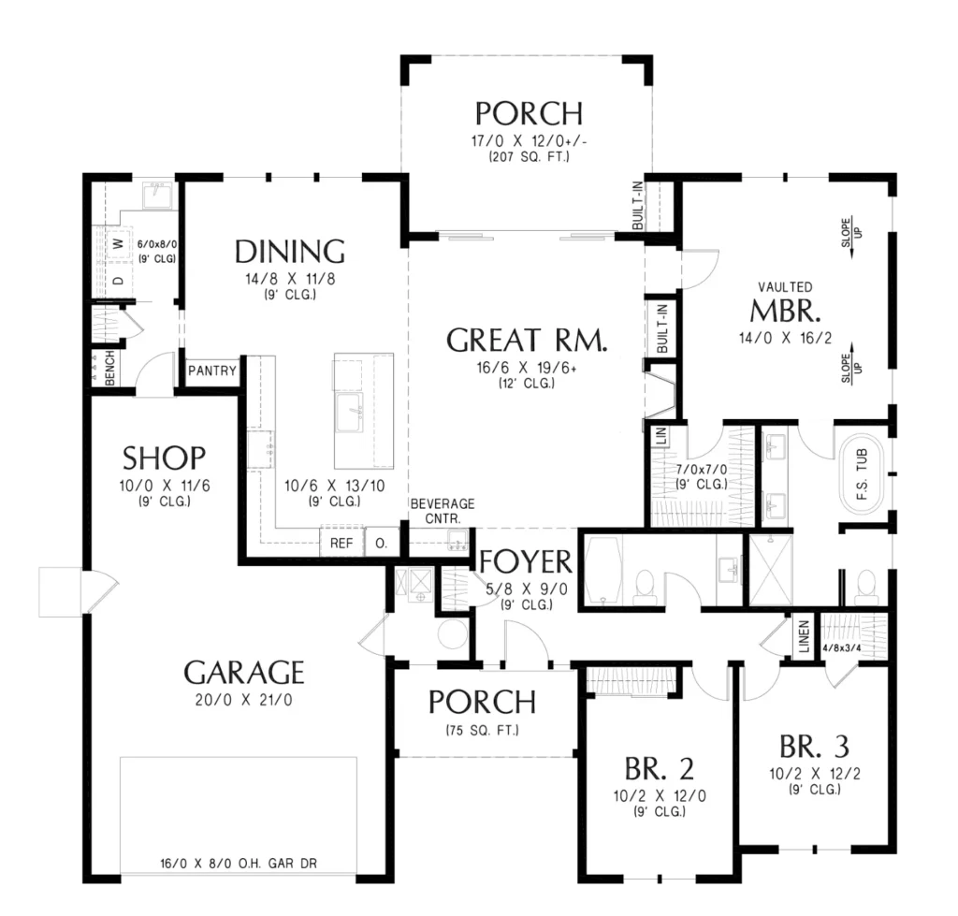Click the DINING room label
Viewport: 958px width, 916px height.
290,252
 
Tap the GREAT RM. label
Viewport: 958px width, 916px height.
528,341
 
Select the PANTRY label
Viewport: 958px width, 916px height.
212,371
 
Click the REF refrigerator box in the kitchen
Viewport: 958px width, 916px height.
341,543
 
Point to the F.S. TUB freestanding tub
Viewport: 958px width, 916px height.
862,474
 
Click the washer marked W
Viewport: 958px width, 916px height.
119,244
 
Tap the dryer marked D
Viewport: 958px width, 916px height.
119,281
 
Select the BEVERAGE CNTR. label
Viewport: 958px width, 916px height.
443,511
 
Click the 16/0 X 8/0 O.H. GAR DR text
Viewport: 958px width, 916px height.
239,864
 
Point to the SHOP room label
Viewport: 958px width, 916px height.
165,458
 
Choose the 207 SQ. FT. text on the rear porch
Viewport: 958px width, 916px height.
530,156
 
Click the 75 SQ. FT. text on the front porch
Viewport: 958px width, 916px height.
483,730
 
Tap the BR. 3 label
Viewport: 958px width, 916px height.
815,746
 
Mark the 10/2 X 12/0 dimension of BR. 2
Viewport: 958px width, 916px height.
660,795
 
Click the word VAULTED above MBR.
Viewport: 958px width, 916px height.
785,286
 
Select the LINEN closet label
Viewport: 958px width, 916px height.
804,636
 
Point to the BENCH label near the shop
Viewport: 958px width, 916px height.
110,368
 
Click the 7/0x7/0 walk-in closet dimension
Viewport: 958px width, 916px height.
702,470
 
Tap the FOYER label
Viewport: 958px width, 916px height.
526,562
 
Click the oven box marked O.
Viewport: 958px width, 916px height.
382,543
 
